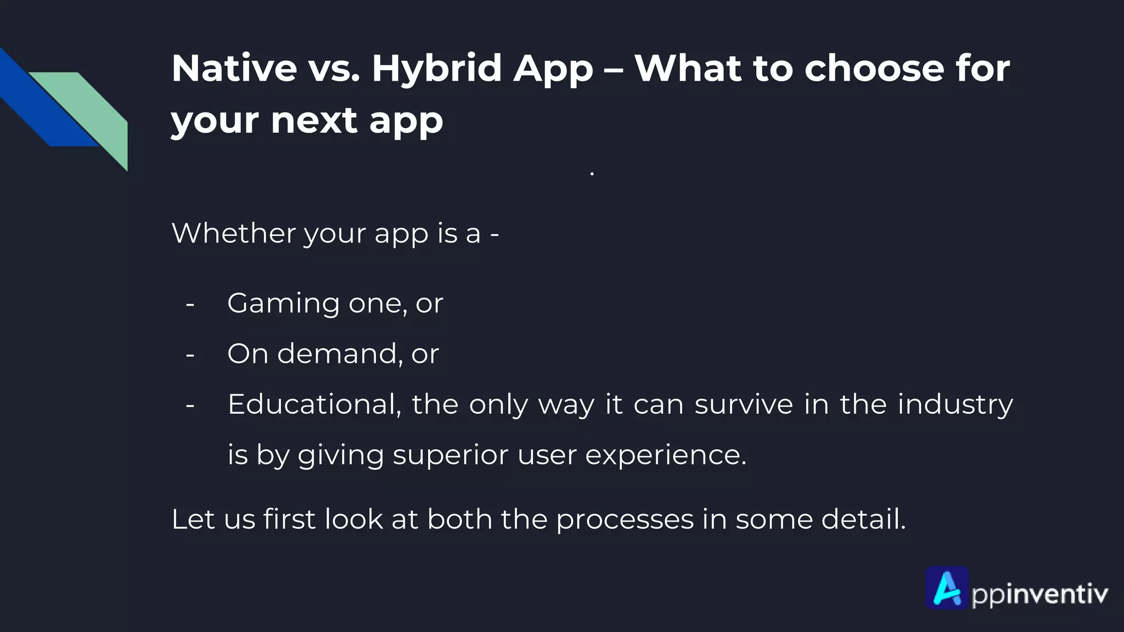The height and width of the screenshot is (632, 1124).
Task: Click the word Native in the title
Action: (x=234, y=69)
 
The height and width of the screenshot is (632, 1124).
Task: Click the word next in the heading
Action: (x=314, y=120)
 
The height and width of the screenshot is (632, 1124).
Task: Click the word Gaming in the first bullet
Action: (x=283, y=304)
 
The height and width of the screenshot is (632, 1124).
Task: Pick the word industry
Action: (x=955, y=405)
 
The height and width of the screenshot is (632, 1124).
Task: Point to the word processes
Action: (x=625, y=520)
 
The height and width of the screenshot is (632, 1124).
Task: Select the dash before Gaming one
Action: (x=190, y=304)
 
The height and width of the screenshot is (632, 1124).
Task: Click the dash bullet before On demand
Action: (x=190, y=354)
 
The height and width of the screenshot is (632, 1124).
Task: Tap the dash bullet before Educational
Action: (x=190, y=405)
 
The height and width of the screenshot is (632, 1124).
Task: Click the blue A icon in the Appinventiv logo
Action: (x=947, y=588)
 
